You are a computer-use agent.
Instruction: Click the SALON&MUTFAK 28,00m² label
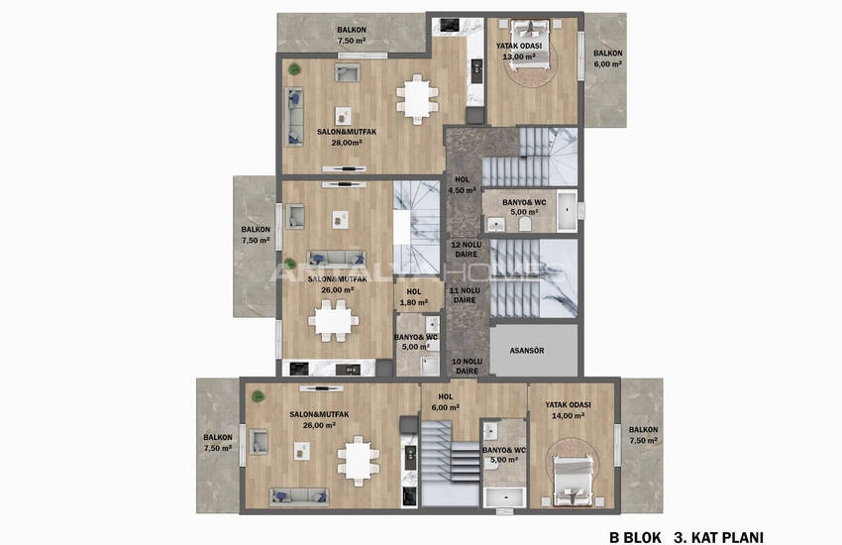(x=344, y=137)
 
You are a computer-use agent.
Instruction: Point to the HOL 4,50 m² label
(x=462, y=185)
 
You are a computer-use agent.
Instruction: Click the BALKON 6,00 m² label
(x=607, y=58)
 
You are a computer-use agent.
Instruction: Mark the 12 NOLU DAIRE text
(x=465, y=249)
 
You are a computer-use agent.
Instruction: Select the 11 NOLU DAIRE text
(x=465, y=295)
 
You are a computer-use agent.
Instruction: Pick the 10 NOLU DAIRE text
(x=465, y=366)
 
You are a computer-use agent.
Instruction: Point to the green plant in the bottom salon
(x=258, y=396)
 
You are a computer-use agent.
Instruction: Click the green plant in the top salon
(x=293, y=67)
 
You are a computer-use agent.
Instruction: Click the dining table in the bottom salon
(x=358, y=460)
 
